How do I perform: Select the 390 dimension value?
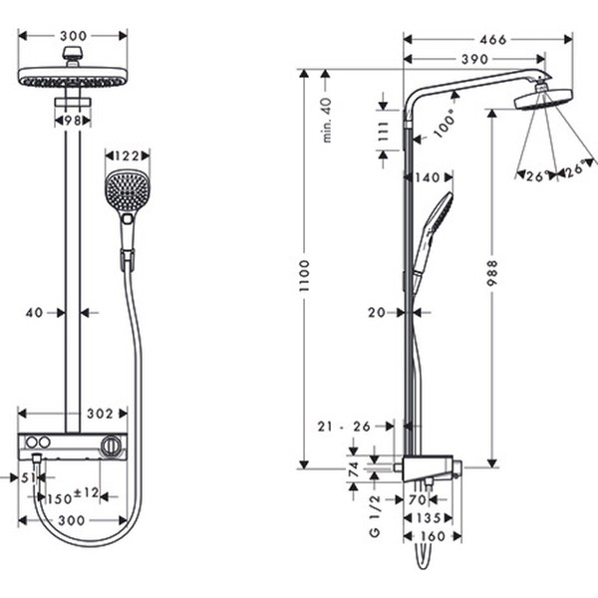point(474,60)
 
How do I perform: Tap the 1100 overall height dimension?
point(304,268)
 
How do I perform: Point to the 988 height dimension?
point(491,270)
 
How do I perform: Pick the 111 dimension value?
point(383,131)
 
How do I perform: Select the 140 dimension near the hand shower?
point(426,177)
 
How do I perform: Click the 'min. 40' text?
point(326,120)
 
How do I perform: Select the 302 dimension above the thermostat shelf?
point(100,413)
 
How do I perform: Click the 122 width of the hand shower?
point(127,155)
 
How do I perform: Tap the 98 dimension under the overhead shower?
point(72,120)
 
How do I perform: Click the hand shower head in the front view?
point(127,188)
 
